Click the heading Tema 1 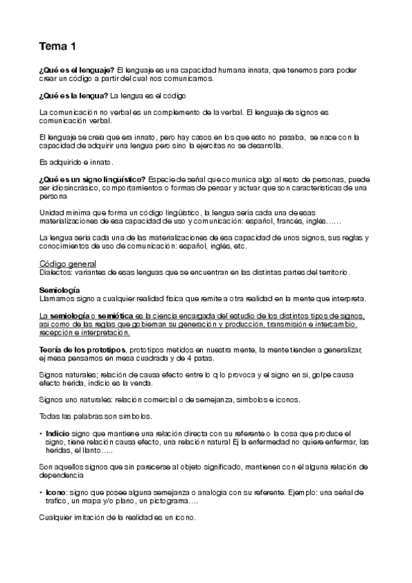pos(58,47)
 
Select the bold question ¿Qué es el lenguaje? pos(77,70)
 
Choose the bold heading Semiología pos(60,289)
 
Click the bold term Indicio pos(58,434)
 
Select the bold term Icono pos(56,494)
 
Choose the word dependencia pos(61,474)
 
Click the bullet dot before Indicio pos(41,434)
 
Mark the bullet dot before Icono pos(41,494)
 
